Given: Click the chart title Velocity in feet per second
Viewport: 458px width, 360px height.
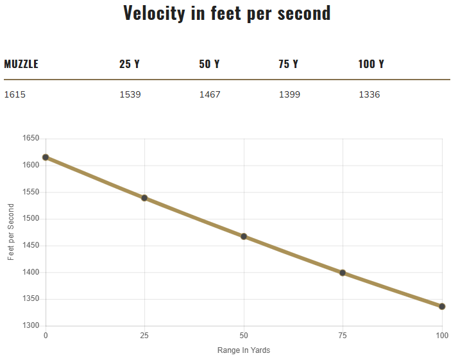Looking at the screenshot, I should (227, 13).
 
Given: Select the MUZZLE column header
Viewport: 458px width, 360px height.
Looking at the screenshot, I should (21, 64).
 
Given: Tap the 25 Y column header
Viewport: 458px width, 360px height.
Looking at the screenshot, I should (130, 64).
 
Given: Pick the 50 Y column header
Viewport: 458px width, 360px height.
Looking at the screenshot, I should (209, 64).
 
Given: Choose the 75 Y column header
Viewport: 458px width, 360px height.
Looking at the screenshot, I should (289, 64).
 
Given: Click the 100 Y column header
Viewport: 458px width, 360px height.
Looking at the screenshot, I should (371, 64).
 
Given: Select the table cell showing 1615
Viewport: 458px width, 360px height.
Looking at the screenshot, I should (15, 95).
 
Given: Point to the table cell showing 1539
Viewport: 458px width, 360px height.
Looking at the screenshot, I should (130, 95).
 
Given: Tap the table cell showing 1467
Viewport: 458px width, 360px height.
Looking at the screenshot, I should (210, 95).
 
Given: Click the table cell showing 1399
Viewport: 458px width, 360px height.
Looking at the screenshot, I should (289, 95).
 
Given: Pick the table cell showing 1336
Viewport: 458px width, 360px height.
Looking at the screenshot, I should (369, 95).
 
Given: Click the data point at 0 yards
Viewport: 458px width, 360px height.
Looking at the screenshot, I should (46, 157).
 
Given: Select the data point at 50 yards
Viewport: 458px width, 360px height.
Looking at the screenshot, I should (244, 236).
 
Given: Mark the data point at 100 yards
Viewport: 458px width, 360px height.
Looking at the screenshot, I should (442, 306).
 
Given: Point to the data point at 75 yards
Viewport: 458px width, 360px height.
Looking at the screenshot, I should (343, 273).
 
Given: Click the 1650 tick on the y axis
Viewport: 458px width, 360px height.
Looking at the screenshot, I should (30, 139).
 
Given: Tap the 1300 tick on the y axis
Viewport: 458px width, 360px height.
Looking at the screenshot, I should (30, 326).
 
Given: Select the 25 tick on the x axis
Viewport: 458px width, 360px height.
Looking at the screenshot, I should (144, 336).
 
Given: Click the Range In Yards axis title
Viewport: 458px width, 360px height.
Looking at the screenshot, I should (243, 350).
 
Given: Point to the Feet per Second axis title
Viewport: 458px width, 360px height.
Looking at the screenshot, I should (11, 232).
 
